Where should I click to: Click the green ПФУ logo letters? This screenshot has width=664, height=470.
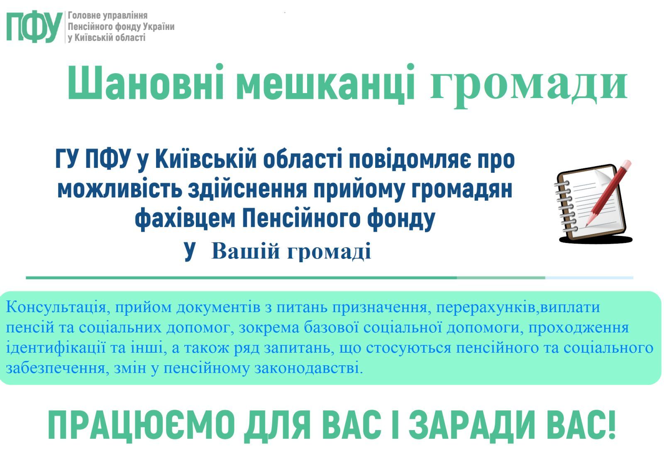click(x=34, y=27)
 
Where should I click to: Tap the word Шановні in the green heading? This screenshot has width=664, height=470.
click(x=145, y=82)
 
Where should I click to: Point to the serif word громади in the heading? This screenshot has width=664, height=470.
click(x=529, y=86)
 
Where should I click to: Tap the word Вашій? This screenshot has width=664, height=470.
click(x=245, y=251)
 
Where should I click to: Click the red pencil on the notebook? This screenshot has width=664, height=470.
click(x=608, y=193)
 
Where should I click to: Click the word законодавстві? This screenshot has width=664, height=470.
click(x=309, y=369)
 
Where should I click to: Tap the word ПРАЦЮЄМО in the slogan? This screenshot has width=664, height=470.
click(x=142, y=425)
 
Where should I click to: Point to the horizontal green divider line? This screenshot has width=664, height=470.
click(x=330, y=278)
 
